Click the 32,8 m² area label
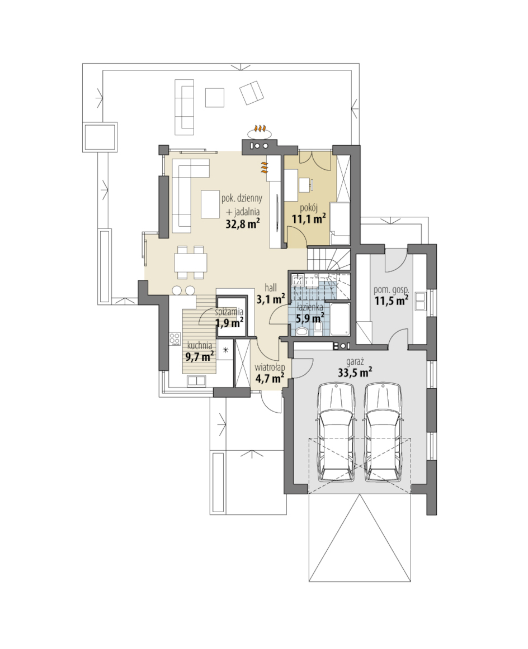pos(242,224)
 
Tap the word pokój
pos(308,207)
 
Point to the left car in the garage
pos(336,432)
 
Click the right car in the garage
pos(383,432)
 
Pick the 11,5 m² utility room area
pos(392,300)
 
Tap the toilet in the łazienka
pos(301,330)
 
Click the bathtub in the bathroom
pos(341,319)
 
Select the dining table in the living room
pos(190,262)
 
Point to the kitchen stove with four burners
pos(175,340)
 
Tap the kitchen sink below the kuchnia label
pos(197,380)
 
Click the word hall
pos(271,288)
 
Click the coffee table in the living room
pos(210,204)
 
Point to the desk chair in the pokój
pos(307,185)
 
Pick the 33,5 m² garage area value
pos(355,372)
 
